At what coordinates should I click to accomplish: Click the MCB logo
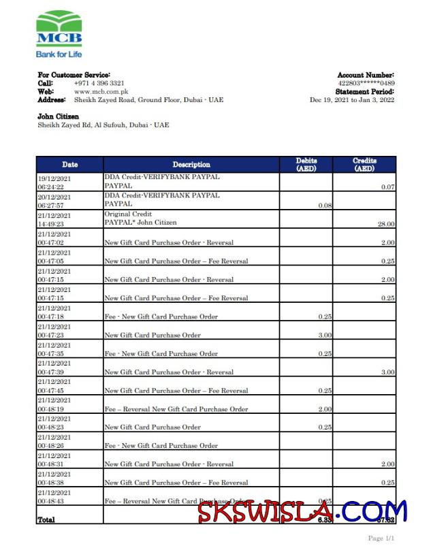[x=59, y=34]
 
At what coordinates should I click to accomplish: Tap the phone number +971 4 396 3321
[x=99, y=83]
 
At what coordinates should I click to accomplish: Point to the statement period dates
[x=352, y=100]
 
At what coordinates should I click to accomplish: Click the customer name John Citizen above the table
[x=58, y=117]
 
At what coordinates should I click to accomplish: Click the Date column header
[x=69, y=165]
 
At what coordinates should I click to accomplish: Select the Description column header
[x=191, y=165]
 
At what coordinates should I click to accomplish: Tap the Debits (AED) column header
[x=306, y=165]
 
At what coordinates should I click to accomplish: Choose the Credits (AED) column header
[x=364, y=165]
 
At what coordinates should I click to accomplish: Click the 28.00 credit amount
[x=387, y=224]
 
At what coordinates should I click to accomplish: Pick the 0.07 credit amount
[x=388, y=187]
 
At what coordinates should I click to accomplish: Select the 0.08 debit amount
[x=325, y=205]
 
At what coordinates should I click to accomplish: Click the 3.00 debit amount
[x=325, y=335]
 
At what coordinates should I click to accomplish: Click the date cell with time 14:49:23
[x=60, y=219]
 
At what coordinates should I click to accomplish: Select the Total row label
[x=46, y=519]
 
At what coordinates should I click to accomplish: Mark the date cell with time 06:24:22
[x=60, y=182]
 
